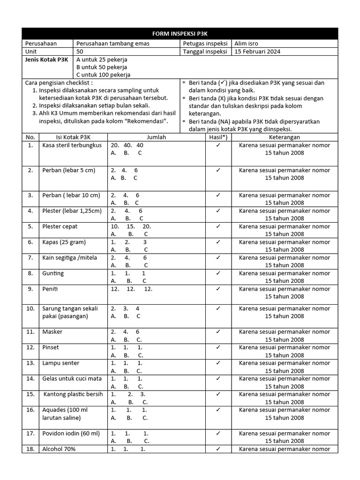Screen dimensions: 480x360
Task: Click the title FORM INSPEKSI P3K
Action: tap(180, 34)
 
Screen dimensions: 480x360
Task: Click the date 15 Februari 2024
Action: tap(257, 52)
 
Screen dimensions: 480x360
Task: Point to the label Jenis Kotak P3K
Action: tap(46, 60)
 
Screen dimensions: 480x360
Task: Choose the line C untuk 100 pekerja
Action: tap(104, 75)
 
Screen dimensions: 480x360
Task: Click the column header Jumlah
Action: tap(156, 137)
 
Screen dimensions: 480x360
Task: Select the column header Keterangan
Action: tap(284, 137)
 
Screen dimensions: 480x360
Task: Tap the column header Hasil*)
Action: tap(218, 137)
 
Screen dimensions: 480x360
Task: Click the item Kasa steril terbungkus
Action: tap(72, 145)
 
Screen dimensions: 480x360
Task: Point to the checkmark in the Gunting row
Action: tap(218, 273)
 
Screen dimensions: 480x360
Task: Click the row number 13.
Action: tap(30, 363)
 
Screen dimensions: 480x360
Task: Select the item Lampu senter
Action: tap(60, 363)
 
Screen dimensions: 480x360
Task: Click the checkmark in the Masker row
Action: tap(218, 332)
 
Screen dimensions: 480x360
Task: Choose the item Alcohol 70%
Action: tap(59, 449)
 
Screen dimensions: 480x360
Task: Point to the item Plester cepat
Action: tap(60, 226)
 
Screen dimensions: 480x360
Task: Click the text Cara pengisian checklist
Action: tap(59, 82)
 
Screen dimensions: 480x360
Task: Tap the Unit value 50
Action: tap(80, 52)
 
